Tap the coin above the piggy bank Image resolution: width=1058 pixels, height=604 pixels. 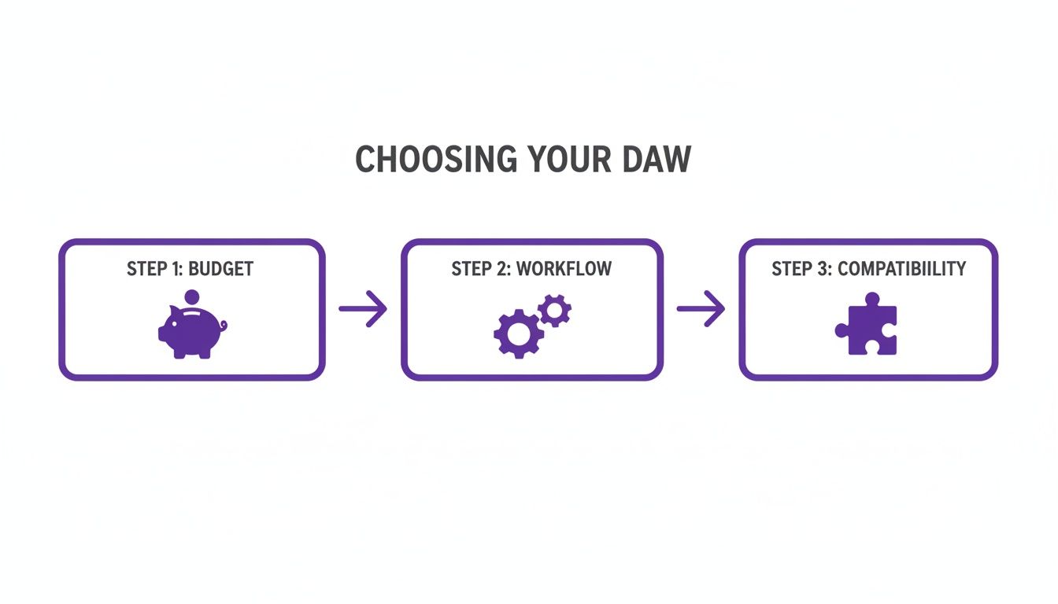coord(191,299)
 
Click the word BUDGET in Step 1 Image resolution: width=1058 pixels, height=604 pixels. coord(221,269)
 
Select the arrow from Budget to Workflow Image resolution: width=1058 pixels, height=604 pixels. coord(363,308)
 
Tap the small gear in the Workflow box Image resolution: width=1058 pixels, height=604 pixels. coord(556,311)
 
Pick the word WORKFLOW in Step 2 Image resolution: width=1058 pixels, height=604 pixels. coord(564,269)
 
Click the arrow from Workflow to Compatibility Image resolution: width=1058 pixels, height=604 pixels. coord(701,308)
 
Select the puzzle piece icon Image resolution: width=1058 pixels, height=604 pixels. coord(867,328)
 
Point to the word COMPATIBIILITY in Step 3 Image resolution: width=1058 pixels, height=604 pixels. coord(901,269)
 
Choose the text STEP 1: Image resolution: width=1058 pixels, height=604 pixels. coord(155,269)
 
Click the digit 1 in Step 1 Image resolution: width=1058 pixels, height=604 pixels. coord(174,269)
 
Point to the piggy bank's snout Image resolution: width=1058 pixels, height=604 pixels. coord(162,333)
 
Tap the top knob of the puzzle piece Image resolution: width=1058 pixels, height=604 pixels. coord(871,300)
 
